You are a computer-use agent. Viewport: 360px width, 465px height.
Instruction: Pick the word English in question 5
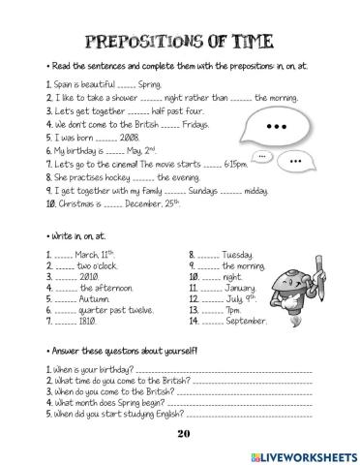(x=166, y=414)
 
